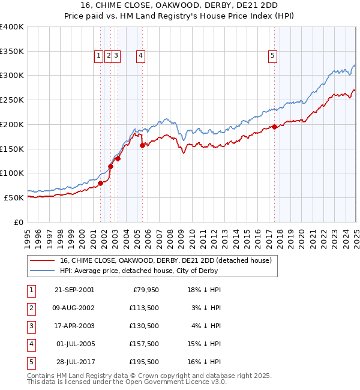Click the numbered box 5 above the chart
point(272,56)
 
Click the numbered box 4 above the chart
point(140,56)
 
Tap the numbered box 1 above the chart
point(98,56)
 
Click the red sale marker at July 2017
point(274,127)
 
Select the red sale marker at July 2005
point(142,145)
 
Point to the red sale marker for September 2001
point(101,183)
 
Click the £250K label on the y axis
point(11,100)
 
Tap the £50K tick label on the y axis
point(14,197)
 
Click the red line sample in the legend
point(43,260)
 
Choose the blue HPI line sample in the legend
point(43,271)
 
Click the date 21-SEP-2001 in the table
point(74,290)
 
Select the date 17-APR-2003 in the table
point(74,326)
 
